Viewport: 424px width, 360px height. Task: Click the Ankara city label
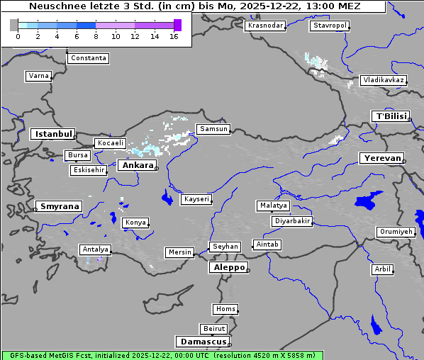click(x=137, y=165)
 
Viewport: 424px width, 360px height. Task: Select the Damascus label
click(x=202, y=342)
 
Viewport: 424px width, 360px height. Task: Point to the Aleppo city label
click(x=228, y=268)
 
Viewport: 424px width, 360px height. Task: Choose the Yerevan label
click(x=381, y=158)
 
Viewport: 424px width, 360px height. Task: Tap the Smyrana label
click(x=59, y=206)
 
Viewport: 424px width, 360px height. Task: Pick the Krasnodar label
click(x=265, y=26)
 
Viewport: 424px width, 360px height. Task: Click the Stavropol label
click(x=330, y=26)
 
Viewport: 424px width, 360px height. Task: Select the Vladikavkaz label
click(x=383, y=80)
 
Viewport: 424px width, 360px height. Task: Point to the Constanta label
click(x=89, y=58)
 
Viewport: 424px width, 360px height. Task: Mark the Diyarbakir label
click(x=291, y=221)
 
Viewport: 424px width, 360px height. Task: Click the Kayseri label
click(x=196, y=199)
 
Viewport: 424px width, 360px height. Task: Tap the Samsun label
click(x=213, y=129)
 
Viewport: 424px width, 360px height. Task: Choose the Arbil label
click(x=382, y=269)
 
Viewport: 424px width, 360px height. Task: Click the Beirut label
click(x=213, y=329)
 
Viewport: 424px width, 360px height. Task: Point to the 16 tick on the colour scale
click(x=174, y=36)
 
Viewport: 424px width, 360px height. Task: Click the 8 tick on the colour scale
click(x=96, y=36)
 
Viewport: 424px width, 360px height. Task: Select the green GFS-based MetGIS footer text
click(x=162, y=355)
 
